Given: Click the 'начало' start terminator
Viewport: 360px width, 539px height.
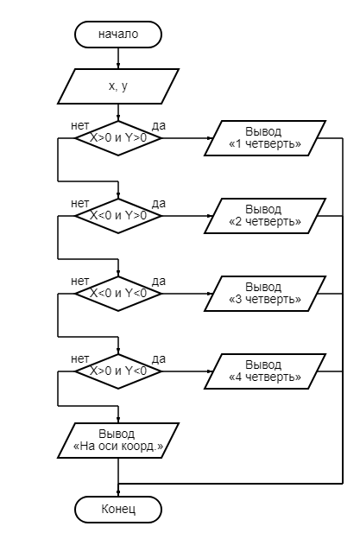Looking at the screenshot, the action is tap(118, 35).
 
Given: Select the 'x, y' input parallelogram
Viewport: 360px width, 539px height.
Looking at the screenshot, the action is tap(118, 86).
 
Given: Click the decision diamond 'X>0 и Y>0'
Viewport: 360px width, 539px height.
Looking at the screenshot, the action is tap(118, 138).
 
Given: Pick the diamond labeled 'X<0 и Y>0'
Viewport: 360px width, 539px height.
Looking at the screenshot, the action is tap(118, 216).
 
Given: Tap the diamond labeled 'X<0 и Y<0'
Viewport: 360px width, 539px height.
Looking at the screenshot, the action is tap(118, 294).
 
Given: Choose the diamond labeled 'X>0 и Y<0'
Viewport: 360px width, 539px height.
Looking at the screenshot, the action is tap(118, 371).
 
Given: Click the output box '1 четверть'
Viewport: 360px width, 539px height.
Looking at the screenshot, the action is tap(265, 138).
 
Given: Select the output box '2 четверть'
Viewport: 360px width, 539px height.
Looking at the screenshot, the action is tap(265, 216).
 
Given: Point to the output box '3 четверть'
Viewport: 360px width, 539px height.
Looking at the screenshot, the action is tap(265, 294).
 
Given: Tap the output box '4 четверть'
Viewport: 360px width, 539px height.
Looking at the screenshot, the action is tap(265, 371).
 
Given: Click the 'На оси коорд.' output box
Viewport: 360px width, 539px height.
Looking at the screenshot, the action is tap(118, 441).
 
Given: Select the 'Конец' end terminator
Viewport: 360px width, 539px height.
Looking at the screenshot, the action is tap(118, 510).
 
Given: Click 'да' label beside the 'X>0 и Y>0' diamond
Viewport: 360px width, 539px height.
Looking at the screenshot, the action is tap(159, 126).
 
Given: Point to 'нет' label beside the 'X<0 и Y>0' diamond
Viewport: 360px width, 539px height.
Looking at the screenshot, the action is tap(79, 204).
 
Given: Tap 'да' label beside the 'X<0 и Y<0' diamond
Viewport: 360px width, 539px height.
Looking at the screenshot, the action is tap(159, 282).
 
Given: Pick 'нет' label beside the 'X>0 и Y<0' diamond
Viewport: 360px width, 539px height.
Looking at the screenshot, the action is tap(79, 358).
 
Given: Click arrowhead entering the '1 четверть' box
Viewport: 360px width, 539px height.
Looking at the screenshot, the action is tap(211, 138).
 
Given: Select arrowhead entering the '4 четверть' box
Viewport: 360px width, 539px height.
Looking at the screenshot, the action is tap(211, 371).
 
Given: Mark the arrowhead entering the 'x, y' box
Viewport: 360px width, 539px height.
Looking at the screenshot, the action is tap(118, 66).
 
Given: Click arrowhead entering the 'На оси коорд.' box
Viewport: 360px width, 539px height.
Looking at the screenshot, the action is tap(118, 420).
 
